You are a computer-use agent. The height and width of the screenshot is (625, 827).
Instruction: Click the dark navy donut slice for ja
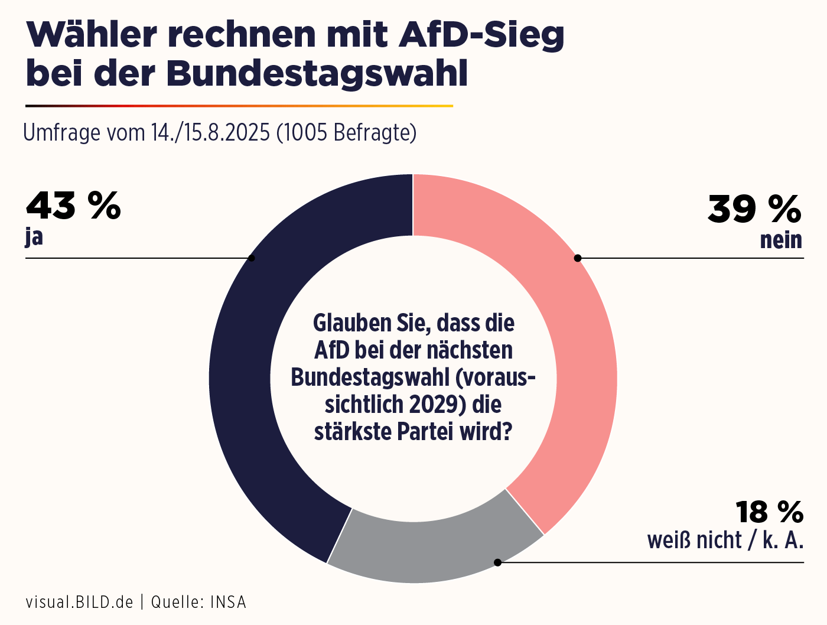click(x=239, y=378)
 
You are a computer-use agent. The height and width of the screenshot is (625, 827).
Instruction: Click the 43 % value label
click(x=73, y=206)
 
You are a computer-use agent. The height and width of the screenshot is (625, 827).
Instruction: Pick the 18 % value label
click(x=769, y=512)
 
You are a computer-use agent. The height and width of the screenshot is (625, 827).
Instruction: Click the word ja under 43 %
click(x=34, y=237)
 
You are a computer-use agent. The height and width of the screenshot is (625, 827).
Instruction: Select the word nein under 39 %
click(x=781, y=240)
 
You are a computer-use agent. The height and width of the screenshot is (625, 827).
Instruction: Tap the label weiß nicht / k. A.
click(x=725, y=541)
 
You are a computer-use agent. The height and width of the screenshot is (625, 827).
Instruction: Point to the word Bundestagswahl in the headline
click(x=317, y=73)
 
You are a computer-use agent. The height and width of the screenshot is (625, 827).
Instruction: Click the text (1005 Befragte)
click(x=346, y=132)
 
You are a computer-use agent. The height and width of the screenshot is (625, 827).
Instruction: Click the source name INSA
click(x=228, y=603)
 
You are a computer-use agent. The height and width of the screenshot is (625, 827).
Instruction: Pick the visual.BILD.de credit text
click(x=79, y=603)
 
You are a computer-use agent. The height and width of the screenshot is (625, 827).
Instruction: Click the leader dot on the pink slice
click(x=578, y=258)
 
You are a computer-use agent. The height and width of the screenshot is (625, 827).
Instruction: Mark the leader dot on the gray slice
click(x=497, y=562)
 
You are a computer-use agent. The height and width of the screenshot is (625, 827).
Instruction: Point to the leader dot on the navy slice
click(x=252, y=258)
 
